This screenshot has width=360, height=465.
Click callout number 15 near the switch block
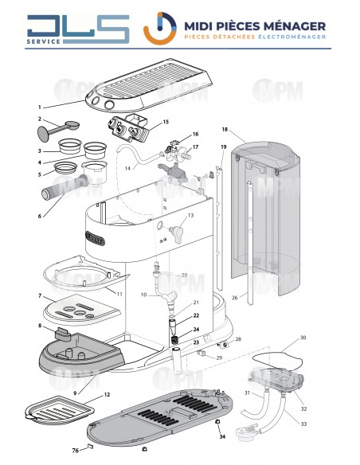tap(166, 122)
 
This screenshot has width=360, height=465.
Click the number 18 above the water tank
tap(225, 129)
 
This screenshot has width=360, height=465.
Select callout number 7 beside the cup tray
tap(39, 296)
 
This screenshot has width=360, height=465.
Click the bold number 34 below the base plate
tap(222, 436)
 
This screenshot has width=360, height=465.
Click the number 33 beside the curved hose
tap(303, 423)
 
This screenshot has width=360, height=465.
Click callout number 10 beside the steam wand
tap(144, 295)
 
